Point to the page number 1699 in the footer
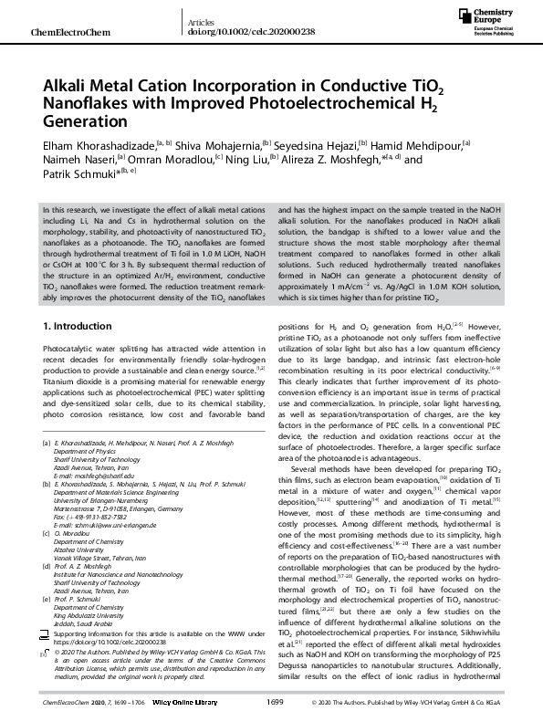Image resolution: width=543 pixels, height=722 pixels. pyautogui.click(x=274, y=703)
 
